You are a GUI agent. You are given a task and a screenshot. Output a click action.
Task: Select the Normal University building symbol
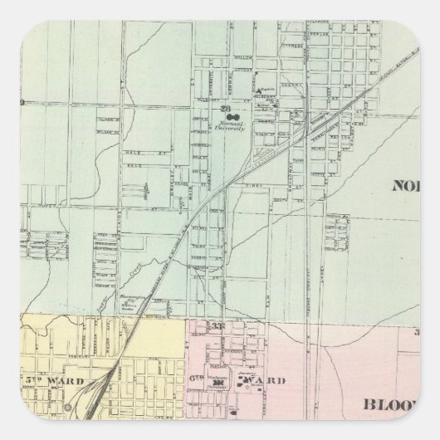point(236,116)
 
